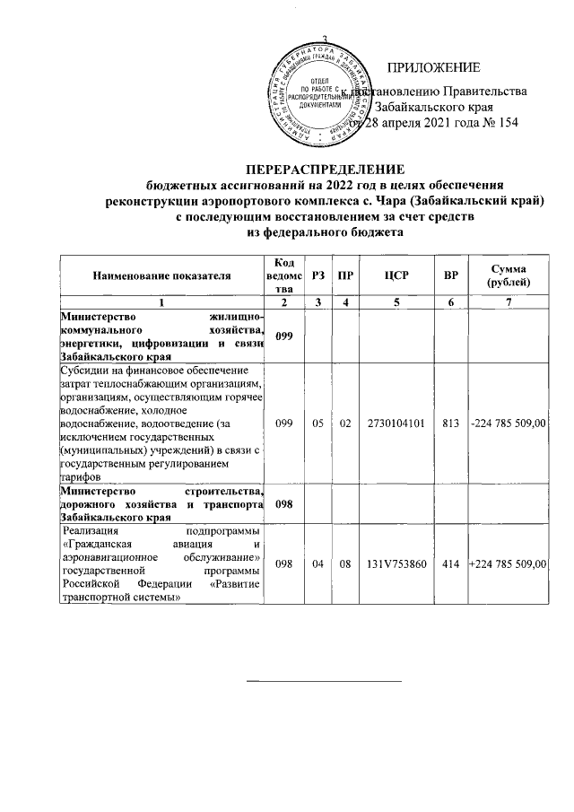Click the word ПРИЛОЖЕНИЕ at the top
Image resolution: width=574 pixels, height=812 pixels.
coord(433,68)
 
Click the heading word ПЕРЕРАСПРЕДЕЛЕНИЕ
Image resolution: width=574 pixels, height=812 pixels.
coord(326,169)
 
